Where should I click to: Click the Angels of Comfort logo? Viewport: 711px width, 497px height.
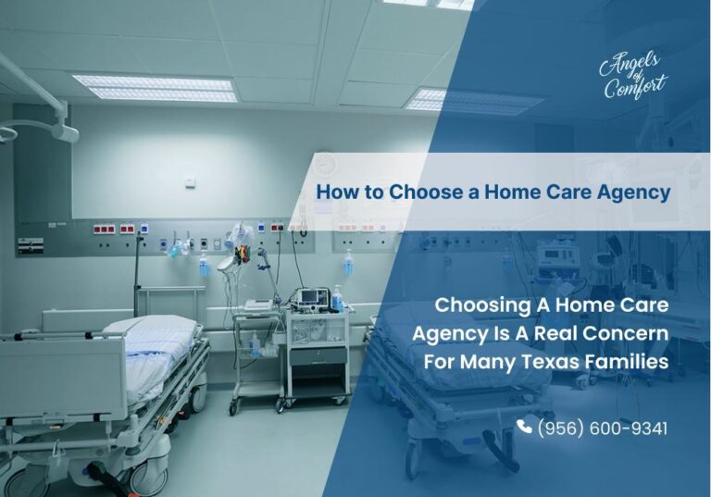point(632,75)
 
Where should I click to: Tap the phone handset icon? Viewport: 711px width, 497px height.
point(525,427)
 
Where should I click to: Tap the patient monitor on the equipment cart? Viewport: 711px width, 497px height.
point(309,299)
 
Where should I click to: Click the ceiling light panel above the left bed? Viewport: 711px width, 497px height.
point(155,88)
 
